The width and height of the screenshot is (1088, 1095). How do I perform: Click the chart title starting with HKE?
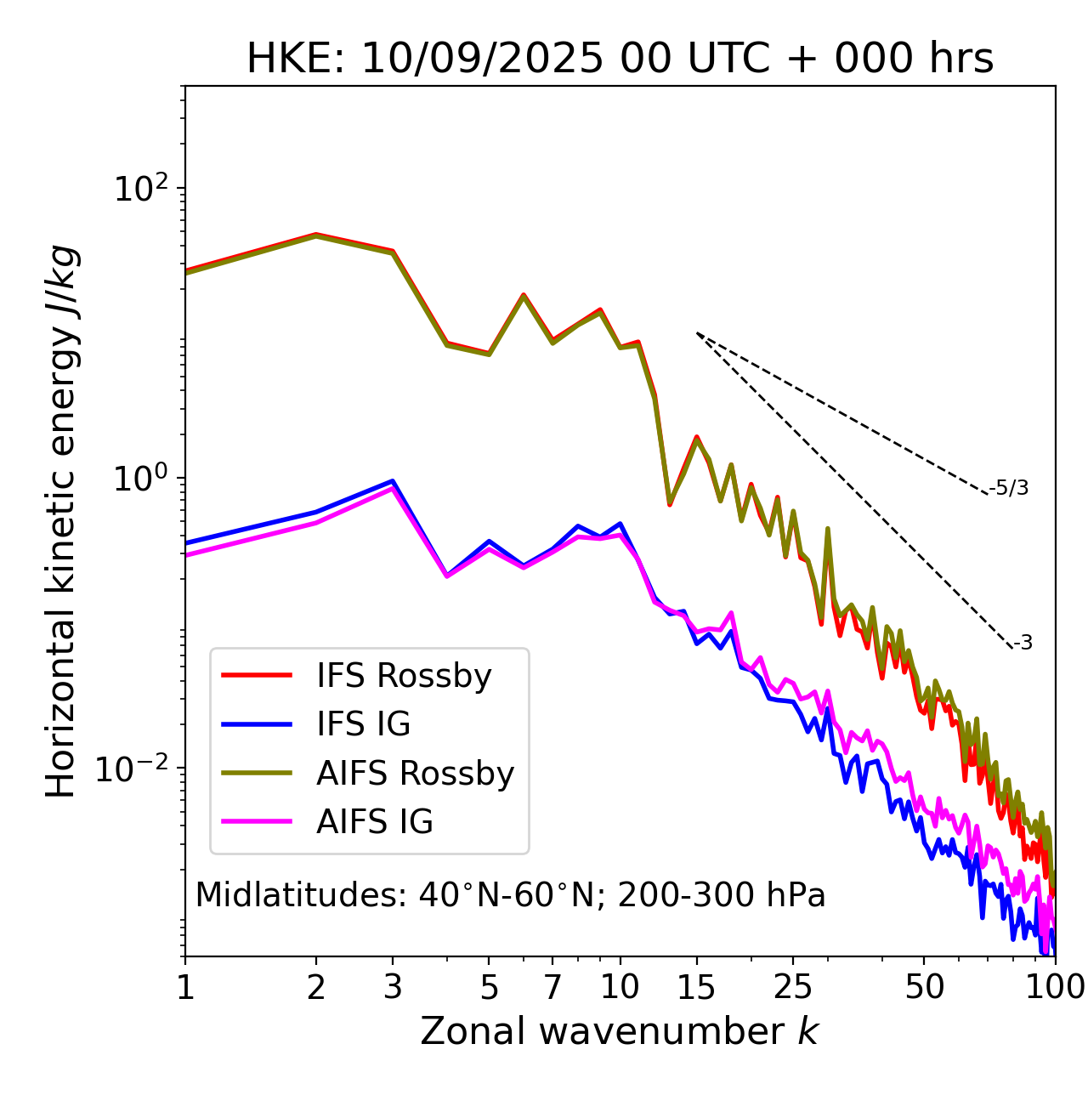pyautogui.click(x=620, y=60)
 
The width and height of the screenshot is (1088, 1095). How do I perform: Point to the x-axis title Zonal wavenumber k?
pyautogui.click(x=620, y=1031)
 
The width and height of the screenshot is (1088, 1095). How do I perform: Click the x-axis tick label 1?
pyautogui.click(x=185, y=987)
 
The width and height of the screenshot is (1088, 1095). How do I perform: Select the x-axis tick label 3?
pyautogui.click(x=393, y=987)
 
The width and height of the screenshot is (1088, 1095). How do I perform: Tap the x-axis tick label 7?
pyautogui.click(x=552, y=987)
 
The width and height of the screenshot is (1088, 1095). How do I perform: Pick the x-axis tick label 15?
pyautogui.click(x=697, y=987)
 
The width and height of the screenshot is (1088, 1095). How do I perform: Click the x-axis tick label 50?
pyautogui.click(x=924, y=987)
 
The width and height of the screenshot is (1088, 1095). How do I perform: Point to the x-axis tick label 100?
pyautogui.click(x=1055, y=987)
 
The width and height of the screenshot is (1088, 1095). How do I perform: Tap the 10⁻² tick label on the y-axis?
pyautogui.click(x=136, y=768)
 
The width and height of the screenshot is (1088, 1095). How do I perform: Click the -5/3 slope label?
pyautogui.click(x=1009, y=488)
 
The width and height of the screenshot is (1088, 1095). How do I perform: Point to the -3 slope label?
pyautogui.click(x=1023, y=643)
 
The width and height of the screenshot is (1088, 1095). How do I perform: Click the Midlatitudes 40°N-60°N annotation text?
pyautogui.click(x=510, y=895)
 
